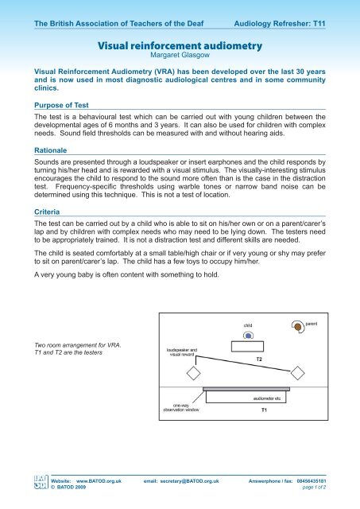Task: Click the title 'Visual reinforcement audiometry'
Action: click(x=179, y=46)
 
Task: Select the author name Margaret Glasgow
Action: click(x=179, y=57)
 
